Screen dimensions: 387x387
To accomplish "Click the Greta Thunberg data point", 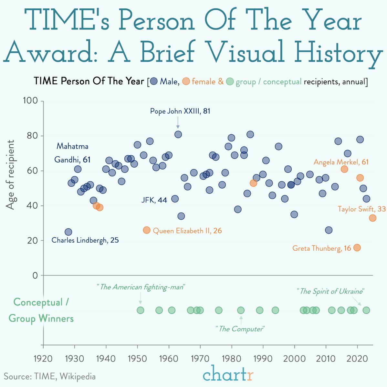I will (x=357, y=248).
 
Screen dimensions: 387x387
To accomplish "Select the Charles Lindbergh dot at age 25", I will (x=68, y=232).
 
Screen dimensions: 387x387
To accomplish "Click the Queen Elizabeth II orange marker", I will (x=147, y=230).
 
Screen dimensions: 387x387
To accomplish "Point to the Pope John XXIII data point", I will (x=178, y=134).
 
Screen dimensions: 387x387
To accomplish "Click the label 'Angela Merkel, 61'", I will (x=341, y=162).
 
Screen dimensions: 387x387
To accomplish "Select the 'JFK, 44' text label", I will (x=154, y=200).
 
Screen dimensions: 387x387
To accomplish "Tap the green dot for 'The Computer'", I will (x=241, y=310).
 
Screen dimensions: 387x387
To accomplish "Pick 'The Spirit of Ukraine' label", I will (x=330, y=291).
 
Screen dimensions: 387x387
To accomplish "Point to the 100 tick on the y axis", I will (x=31, y=101).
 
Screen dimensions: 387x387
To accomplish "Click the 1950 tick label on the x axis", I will (x=137, y=359).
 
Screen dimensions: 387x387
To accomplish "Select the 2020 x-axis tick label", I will (x=357, y=359).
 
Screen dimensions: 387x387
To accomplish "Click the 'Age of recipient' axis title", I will (x=11, y=175).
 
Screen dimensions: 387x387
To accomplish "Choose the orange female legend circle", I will (x=186, y=82).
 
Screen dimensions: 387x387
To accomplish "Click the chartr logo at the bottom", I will (x=228, y=376).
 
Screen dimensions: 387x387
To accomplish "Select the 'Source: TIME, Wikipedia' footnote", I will (x=50, y=376).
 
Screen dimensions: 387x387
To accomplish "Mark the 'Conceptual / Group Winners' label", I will (x=41, y=310).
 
